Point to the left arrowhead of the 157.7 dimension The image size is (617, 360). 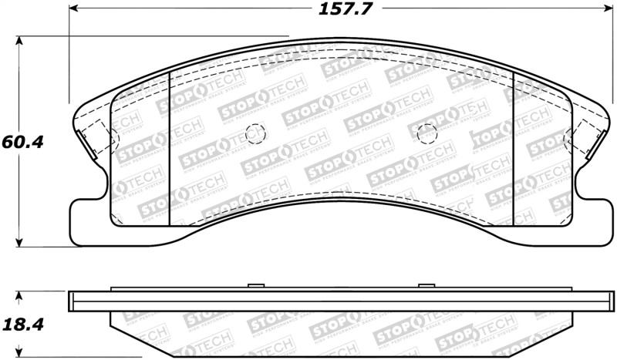(x=74, y=11)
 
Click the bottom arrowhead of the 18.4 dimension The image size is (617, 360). (x=19, y=356)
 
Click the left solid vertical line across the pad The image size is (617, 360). (x=169, y=146)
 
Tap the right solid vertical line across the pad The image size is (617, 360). (x=513, y=146)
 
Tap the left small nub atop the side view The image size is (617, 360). (x=252, y=287)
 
